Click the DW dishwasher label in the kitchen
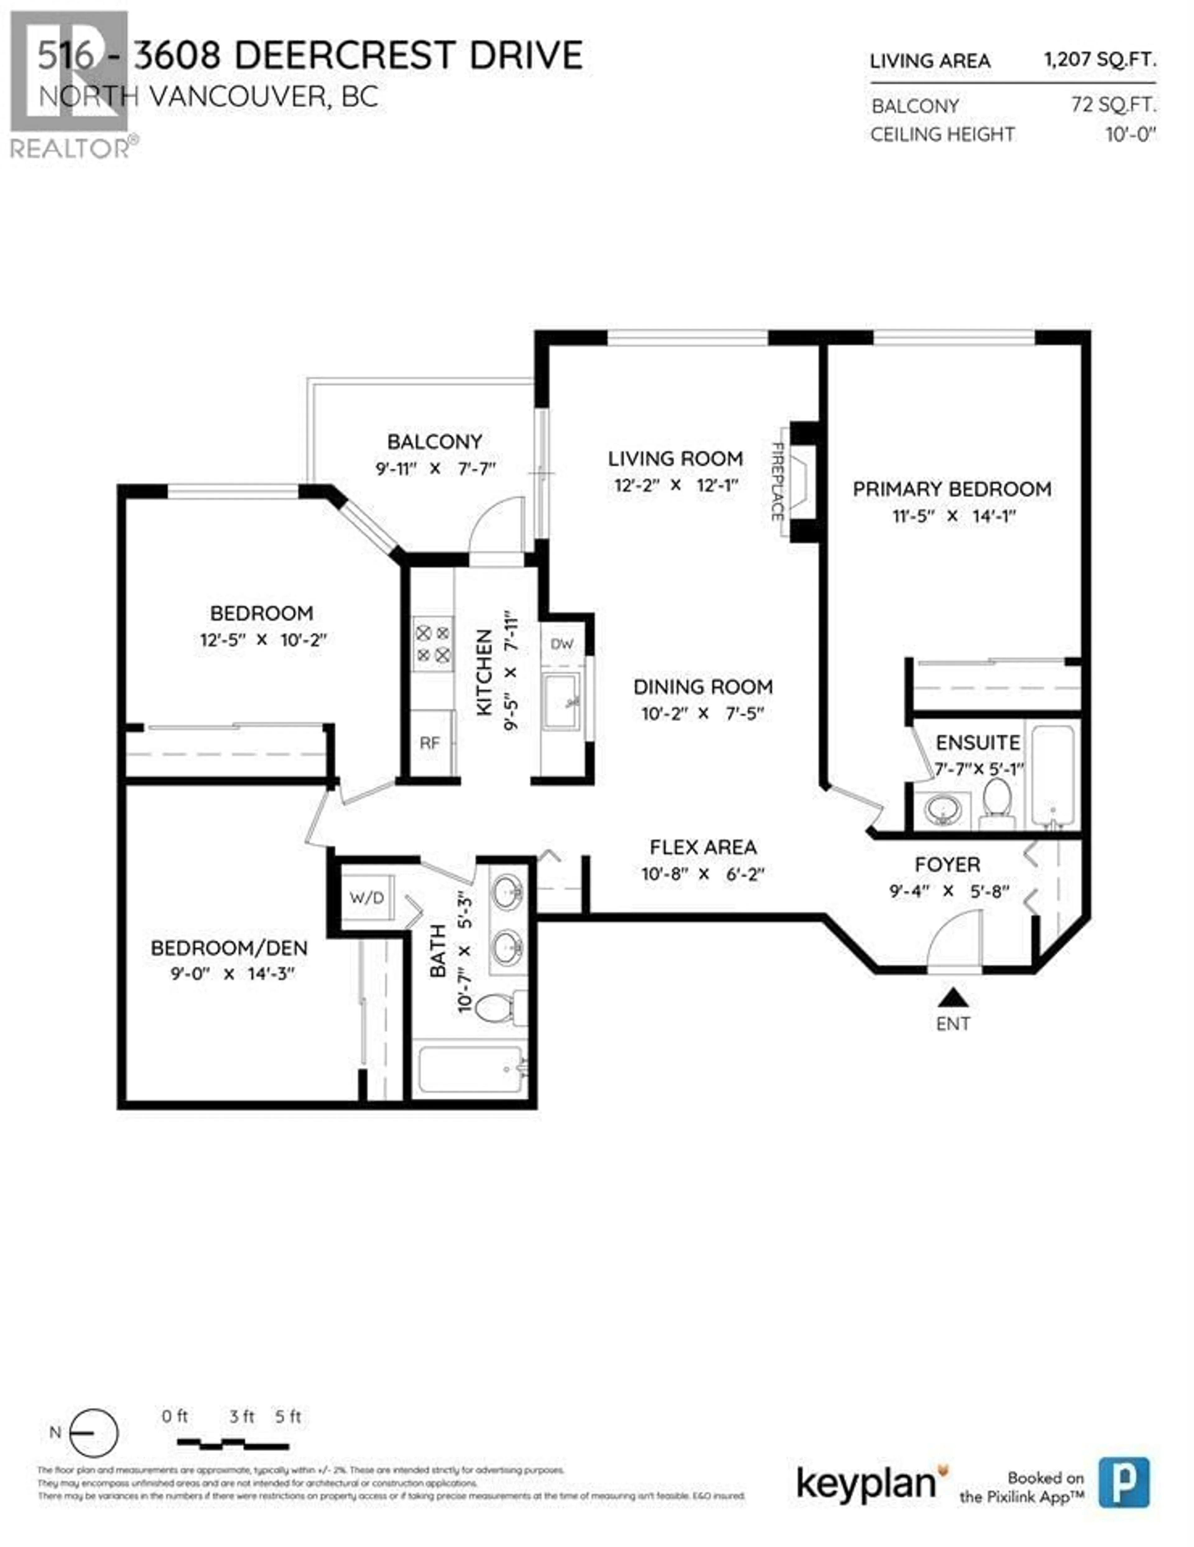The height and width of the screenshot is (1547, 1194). click(562, 644)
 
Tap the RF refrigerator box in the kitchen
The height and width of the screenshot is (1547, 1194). click(430, 743)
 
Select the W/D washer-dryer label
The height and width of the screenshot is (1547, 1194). click(367, 898)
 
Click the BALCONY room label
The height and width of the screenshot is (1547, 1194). click(434, 442)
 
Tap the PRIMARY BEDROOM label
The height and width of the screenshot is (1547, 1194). click(951, 489)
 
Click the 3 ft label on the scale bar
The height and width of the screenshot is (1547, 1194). click(242, 1417)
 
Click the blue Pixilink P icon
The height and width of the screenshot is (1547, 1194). click(1124, 1483)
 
